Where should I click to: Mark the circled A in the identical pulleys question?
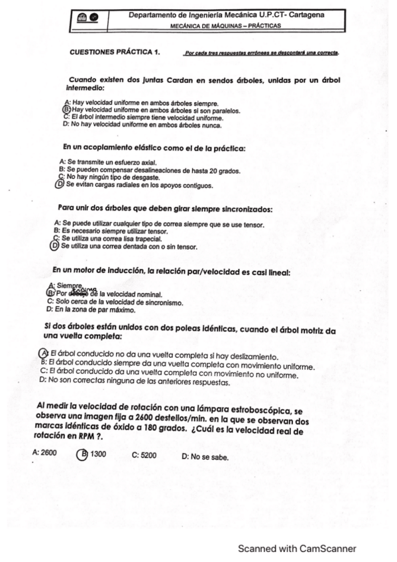(44, 353)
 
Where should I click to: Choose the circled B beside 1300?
(82, 454)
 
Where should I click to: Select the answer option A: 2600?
(44, 454)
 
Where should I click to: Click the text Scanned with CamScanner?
(297, 548)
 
